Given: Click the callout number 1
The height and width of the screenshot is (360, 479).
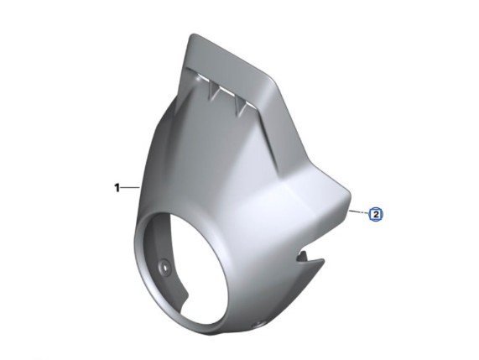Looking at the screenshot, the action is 117,188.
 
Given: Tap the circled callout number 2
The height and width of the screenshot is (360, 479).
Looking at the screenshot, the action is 376,214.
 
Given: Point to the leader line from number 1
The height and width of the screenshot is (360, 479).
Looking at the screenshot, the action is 130,188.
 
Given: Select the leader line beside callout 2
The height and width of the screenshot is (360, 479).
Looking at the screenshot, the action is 359,211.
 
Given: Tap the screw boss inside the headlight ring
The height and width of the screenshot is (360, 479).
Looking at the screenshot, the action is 165,267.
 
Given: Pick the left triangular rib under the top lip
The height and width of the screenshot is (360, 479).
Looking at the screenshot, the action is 214,91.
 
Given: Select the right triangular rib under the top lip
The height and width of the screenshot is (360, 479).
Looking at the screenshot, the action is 242,107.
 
